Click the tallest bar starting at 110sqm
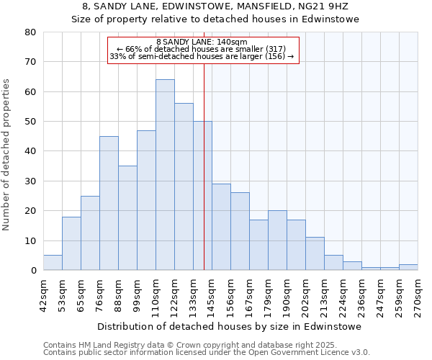coord(165,175)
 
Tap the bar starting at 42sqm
coord(53,263)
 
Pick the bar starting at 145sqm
coord(221,227)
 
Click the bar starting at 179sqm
coord(277,240)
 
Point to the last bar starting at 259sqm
coord(408,267)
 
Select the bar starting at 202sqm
coord(315,253)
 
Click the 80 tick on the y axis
coord(30,32)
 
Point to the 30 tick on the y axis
coord(30,181)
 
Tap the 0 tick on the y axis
coord(33,271)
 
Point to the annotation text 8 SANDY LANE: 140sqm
coord(202,42)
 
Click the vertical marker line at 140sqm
coord(204,144)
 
